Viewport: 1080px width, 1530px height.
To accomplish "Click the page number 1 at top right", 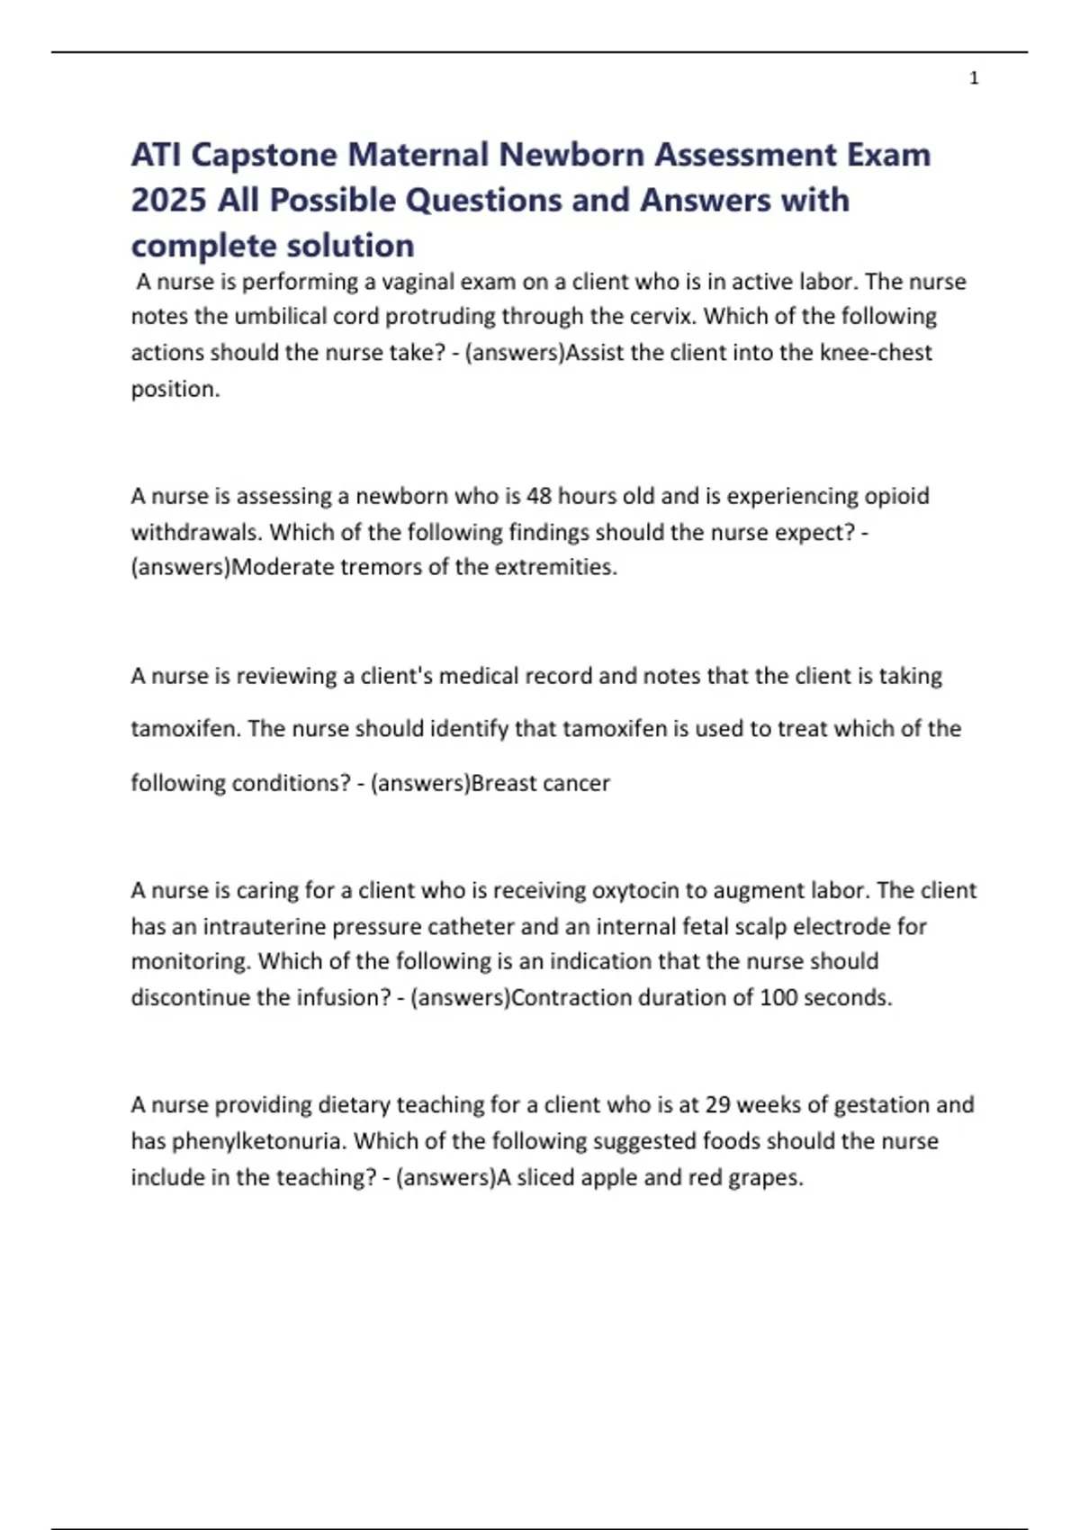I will [974, 78].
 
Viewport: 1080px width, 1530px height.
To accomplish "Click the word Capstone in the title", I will [265, 155].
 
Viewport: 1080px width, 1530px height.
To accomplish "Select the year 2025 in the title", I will [168, 200].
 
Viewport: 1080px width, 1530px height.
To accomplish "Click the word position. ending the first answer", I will [175, 389].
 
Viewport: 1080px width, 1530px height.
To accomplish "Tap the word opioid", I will [896, 496].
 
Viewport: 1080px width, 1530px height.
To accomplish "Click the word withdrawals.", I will [197, 532].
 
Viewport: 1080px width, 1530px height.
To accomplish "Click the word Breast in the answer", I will [504, 783].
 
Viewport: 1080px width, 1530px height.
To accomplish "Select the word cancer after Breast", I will [577, 783].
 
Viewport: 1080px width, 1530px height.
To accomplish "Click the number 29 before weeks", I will [717, 1104].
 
